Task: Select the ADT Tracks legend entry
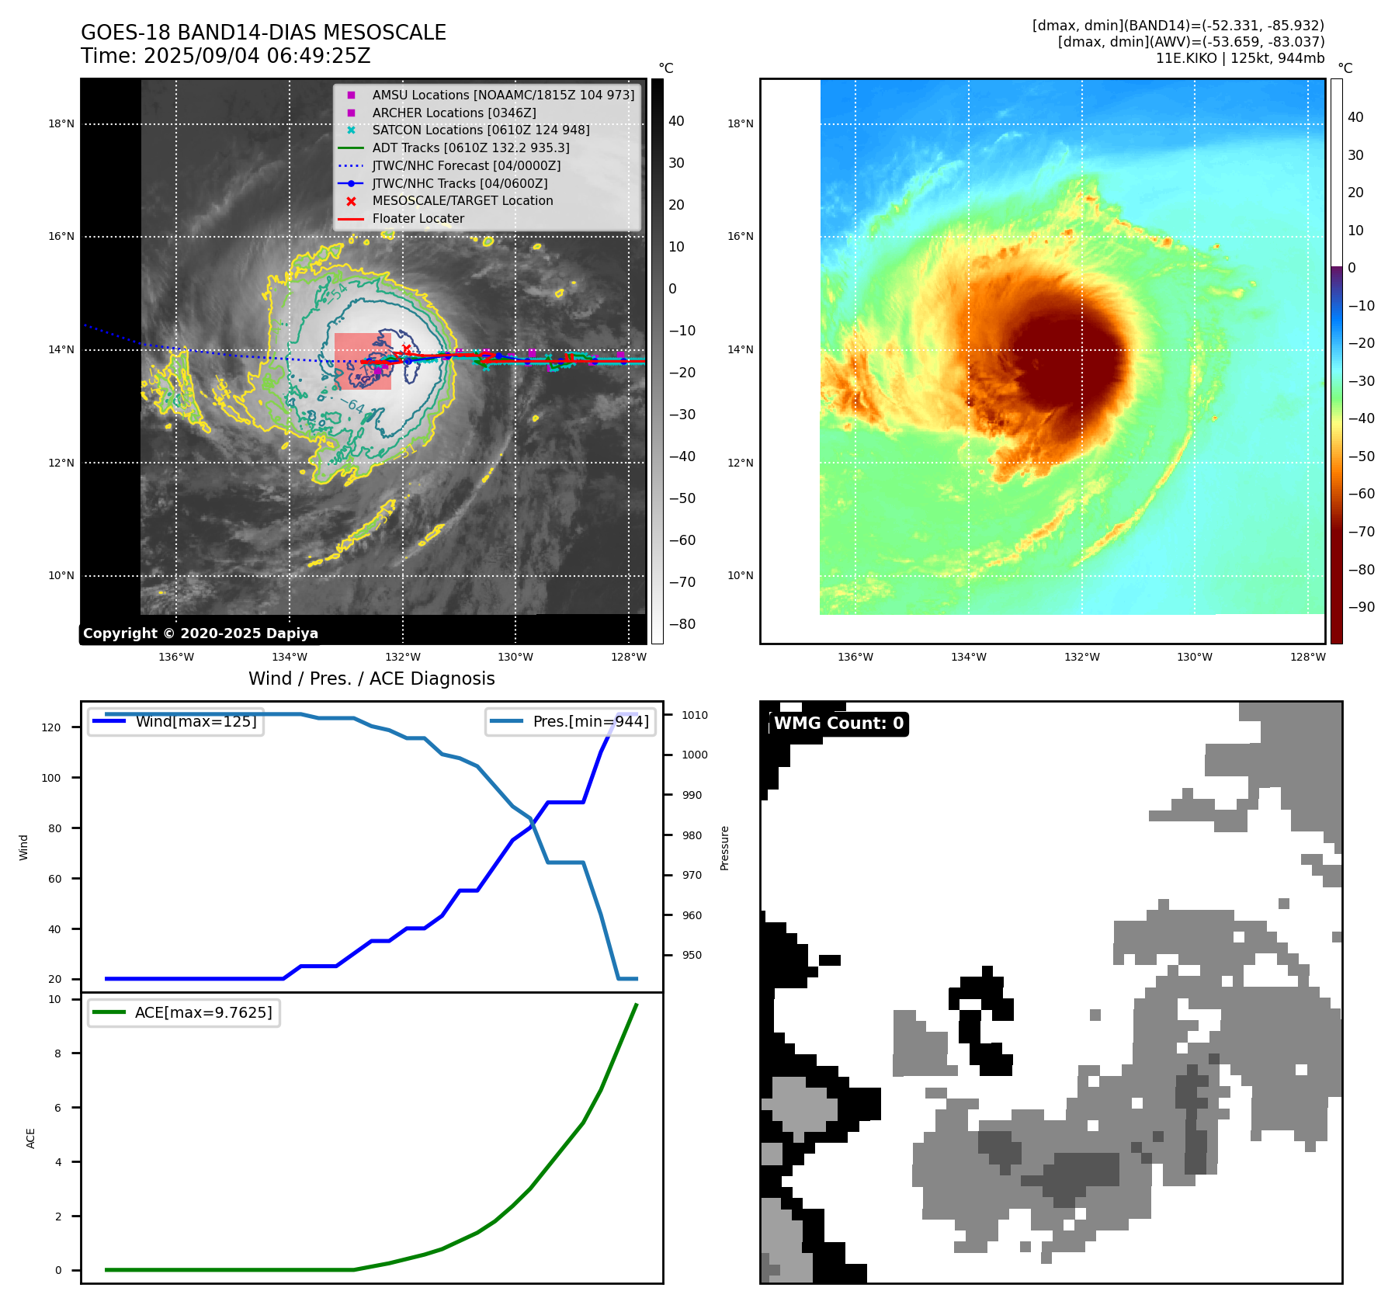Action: tap(470, 148)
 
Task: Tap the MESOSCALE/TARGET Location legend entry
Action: tap(462, 200)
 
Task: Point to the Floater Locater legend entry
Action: tap(418, 218)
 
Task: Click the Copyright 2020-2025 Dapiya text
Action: tap(200, 633)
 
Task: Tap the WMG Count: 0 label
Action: tap(838, 724)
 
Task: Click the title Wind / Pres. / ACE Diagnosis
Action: tap(371, 679)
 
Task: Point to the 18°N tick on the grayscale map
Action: tap(61, 123)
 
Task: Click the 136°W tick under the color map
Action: tap(855, 657)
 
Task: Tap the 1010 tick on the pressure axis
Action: tap(695, 715)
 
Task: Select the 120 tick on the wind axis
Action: tap(50, 727)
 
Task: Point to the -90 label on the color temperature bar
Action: tap(1361, 607)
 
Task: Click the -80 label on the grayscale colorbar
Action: tap(682, 624)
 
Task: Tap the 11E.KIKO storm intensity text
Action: tap(1240, 58)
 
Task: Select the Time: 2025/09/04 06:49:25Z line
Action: tap(226, 56)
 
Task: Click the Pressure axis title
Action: tap(724, 848)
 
